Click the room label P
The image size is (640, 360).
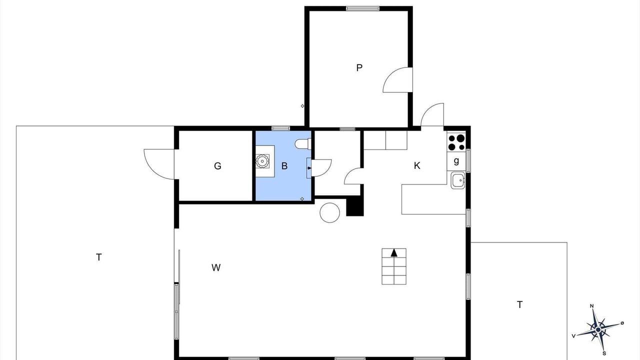tap(359, 67)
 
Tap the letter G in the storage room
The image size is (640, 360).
tap(217, 166)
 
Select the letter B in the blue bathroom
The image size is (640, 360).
tap(284, 166)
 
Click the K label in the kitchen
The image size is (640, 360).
tap(417, 165)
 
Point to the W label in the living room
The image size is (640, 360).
tap(216, 267)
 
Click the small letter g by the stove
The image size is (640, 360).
tap(456, 161)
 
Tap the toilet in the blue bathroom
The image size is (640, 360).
tap(303, 143)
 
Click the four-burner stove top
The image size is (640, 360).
tap(456, 142)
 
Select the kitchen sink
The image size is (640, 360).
tap(458, 180)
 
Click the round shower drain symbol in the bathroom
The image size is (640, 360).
tap(262, 161)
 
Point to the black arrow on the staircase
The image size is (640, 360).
tap(394, 252)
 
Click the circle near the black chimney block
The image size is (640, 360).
tap(329, 212)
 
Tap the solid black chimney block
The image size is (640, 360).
tap(355, 206)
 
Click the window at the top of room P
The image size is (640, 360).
tap(363, 8)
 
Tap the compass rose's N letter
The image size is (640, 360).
tap(591, 306)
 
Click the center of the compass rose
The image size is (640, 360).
tap(598, 329)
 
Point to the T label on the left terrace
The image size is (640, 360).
tap(99, 257)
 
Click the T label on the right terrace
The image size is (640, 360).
tap(519, 305)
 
